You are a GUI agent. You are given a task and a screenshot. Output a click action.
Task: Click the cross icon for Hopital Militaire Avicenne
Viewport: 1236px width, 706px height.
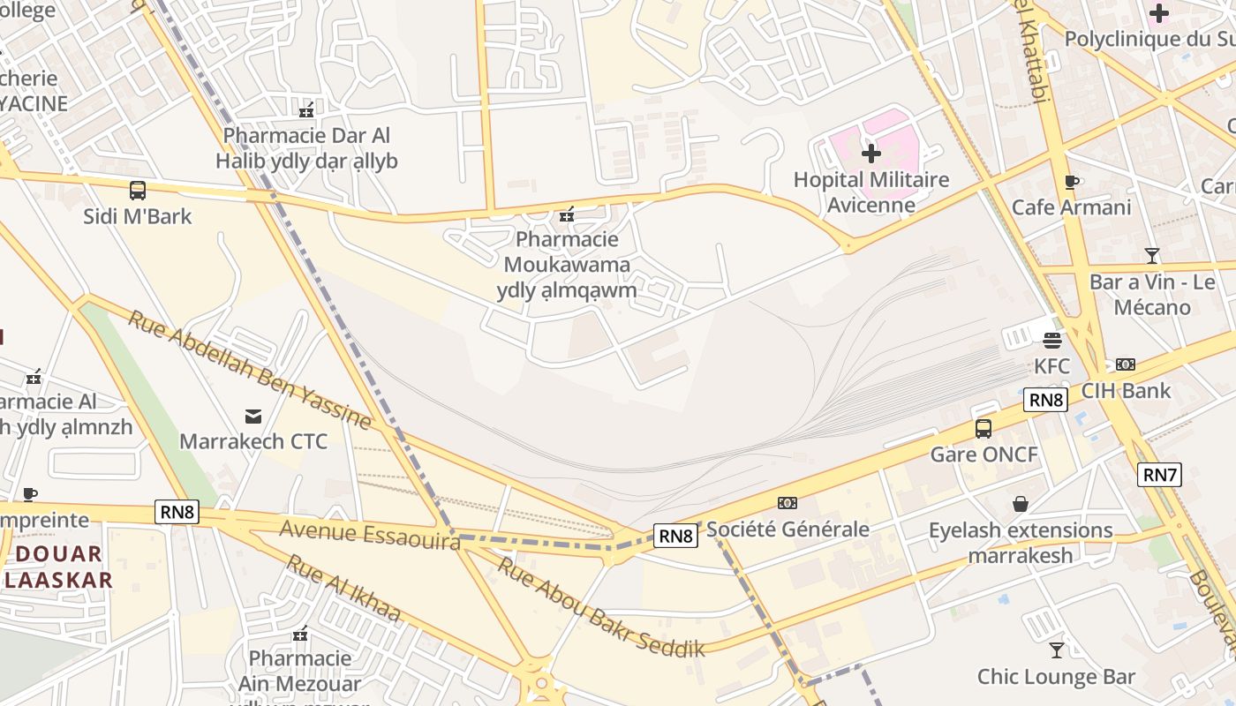(x=871, y=154)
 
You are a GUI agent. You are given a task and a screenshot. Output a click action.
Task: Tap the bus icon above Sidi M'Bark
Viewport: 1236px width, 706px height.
(x=138, y=190)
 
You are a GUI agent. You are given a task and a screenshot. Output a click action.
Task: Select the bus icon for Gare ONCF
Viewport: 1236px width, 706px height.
(x=984, y=429)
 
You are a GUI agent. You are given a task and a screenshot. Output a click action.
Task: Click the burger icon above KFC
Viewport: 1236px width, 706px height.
(x=1051, y=340)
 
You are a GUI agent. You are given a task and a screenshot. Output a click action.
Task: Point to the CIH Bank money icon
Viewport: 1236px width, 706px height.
(x=1126, y=364)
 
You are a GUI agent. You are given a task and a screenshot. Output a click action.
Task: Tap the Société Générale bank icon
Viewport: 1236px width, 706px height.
(x=787, y=503)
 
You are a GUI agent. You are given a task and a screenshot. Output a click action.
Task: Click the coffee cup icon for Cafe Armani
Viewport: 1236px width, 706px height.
(x=1072, y=182)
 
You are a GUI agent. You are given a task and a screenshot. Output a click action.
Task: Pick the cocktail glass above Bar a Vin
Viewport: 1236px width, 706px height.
(x=1152, y=256)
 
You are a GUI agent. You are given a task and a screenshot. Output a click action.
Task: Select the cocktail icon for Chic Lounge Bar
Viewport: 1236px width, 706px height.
(x=1056, y=650)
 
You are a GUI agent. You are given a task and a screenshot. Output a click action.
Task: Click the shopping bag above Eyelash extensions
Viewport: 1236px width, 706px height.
(x=1021, y=504)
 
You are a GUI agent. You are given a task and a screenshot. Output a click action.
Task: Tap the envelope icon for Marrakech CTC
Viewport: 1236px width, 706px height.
(x=253, y=416)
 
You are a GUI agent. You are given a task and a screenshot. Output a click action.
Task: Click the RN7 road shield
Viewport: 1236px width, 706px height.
(x=1160, y=475)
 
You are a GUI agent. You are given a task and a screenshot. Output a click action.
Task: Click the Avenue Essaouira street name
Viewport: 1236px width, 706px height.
(x=370, y=535)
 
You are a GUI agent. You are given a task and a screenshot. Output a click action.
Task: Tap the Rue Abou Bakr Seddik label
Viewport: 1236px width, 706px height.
(x=601, y=608)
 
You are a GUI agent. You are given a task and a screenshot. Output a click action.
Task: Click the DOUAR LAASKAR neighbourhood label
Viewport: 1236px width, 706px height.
(x=58, y=567)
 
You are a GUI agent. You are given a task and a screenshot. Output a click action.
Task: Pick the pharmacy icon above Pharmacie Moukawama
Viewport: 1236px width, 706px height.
(x=567, y=214)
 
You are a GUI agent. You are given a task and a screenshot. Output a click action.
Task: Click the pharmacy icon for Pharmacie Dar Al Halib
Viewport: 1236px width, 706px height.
(x=306, y=110)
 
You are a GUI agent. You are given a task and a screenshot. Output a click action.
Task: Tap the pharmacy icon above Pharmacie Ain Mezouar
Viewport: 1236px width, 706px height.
(x=300, y=634)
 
